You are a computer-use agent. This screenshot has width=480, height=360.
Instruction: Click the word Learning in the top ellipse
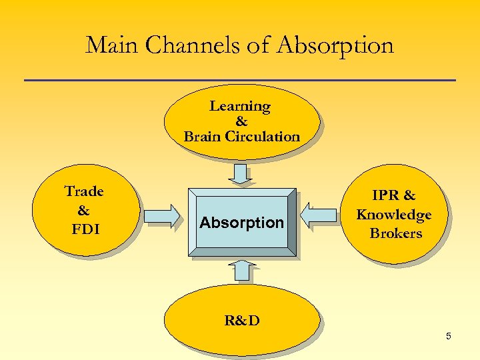pyautogui.click(x=240, y=106)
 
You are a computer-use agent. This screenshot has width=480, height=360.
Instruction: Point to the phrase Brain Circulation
pyautogui.click(x=242, y=137)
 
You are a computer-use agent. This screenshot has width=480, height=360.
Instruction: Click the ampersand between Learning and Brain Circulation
pyautogui.click(x=241, y=121)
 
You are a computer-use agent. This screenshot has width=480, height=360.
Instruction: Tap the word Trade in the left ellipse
pyautogui.click(x=84, y=191)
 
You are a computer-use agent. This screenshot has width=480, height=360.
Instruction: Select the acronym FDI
pyautogui.click(x=85, y=230)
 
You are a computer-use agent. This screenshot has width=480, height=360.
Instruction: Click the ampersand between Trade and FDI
pyautogui.click(x=83, y=211)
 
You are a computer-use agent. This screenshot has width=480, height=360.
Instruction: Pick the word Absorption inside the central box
pyautogui.click(x=241, y=223)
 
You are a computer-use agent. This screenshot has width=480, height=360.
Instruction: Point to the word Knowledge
pyautogui.click(x=394, y=215)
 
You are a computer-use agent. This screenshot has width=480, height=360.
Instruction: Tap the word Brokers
pyautogui.click(x=396, y=233)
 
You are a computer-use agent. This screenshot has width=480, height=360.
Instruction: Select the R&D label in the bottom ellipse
pyautogui.click(x=242, y=321)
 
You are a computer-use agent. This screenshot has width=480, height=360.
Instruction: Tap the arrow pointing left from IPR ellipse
pyautogui.click(x=319, y=215)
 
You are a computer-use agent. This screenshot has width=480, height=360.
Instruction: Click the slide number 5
pyautogui.click(x=449, y=336)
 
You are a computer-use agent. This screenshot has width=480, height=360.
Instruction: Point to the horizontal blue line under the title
pyautogui.click(x=240, y=81)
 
